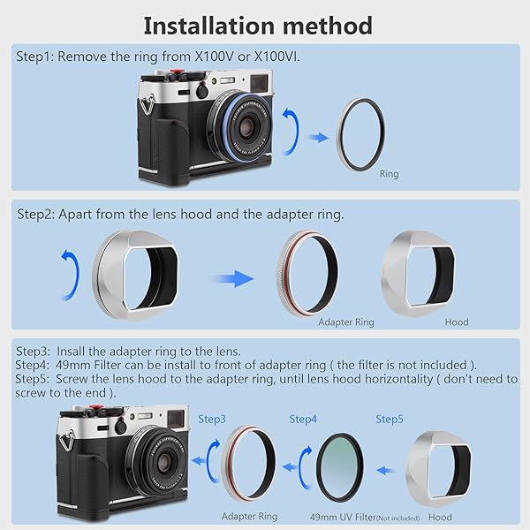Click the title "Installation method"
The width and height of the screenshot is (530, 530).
pos(257,24)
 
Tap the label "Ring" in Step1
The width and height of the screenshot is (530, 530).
pos(389,174)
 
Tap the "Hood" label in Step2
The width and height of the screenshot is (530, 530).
pos(457,322)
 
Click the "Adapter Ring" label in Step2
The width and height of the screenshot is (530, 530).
pos(345,322)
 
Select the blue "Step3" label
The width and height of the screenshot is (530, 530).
pos(212,418)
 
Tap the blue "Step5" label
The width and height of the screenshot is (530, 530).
pos(390,418)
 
